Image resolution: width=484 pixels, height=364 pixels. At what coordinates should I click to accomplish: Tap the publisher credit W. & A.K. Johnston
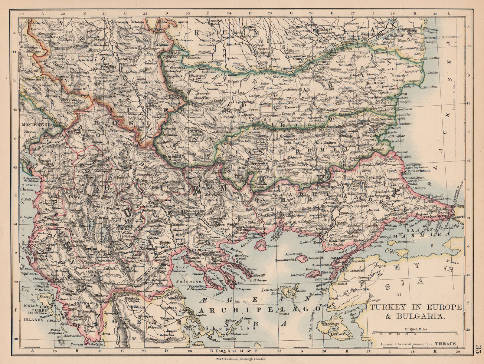coord(242,358)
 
